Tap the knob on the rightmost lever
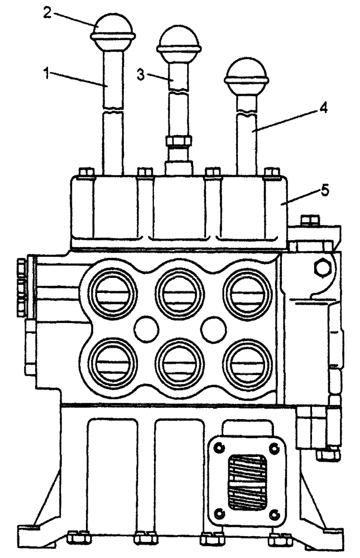click(x=246, y=74)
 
